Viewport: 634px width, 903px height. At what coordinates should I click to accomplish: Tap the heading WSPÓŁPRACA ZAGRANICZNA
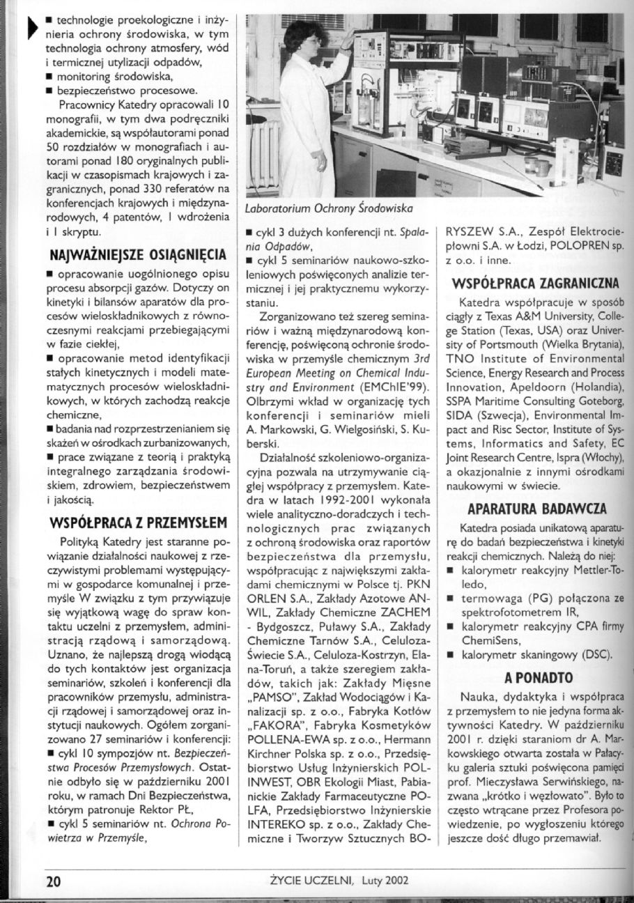coord(536,284)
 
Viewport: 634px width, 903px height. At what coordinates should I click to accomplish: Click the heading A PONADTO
coord(539,677)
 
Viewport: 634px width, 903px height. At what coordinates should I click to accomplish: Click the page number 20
coord(54,879)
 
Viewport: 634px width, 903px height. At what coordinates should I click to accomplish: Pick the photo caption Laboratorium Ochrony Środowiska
coord(330,208)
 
